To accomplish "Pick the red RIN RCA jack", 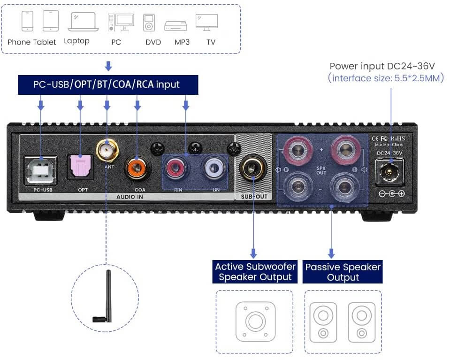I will coord(174,168).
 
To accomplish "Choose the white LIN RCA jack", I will coord(212,168).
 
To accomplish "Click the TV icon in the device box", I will coord(206,22).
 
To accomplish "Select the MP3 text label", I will coord(182,42).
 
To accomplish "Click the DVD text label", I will coord(153,42).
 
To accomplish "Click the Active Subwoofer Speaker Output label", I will coord(255,272).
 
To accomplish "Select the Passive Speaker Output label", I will coord(343,272).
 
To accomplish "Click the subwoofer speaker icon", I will coord(255,322).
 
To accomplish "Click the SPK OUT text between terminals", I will coord(321,170).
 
